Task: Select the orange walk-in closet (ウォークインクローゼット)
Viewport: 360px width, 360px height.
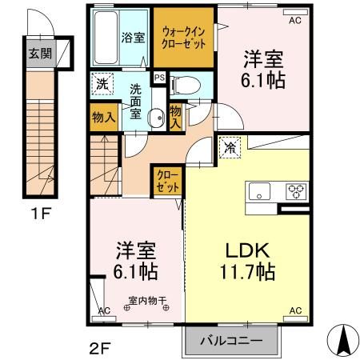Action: pos(185,38)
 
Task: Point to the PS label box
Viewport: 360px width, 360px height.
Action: pos(158,78)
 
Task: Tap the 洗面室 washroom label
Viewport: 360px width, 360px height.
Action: pos(135,102)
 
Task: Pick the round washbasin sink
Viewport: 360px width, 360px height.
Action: pos(155,115)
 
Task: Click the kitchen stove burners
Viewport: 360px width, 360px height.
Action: pos(297,191)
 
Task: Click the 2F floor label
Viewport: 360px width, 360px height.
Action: pos(98,349)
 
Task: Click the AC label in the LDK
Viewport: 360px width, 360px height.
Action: pos(295,310)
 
